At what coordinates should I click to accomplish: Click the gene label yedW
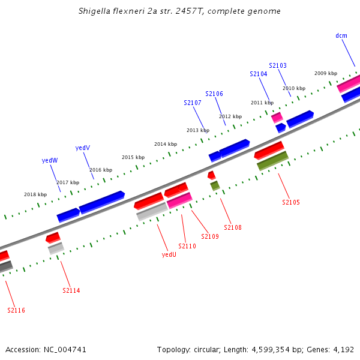50,160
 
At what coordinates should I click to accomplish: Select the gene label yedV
83,148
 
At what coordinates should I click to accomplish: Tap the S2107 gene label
193,103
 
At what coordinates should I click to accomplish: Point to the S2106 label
214,94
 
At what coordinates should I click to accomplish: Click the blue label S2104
259,74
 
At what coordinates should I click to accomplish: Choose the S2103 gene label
278,65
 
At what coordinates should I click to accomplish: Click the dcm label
341,35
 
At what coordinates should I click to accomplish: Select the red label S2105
291,202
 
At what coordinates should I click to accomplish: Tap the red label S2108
233,227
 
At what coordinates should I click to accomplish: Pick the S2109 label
210,236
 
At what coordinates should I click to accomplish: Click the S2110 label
187,246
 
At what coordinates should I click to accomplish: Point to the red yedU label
169,254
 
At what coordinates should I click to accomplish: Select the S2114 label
71,290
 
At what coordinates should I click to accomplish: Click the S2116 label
16,310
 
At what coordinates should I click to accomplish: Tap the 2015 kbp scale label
133,157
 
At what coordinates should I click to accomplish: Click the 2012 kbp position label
230,116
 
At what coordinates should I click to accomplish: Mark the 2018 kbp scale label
35,194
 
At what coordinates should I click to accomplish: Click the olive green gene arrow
272,161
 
